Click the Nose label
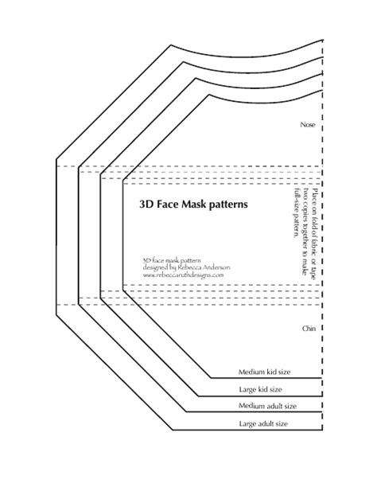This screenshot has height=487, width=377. click(308, 125)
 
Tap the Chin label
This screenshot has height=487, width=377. click(309, 329)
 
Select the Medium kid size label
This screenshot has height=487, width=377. click(264, 372)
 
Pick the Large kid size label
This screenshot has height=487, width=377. click(261, 389)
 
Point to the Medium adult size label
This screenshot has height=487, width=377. click(267, 406)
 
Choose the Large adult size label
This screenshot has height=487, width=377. click(263, 423)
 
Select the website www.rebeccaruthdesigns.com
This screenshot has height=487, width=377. click(183, 275)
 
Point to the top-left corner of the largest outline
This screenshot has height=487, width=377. click(171, 45)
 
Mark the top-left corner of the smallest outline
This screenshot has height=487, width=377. click(210, 94)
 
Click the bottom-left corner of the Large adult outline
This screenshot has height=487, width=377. click(173, 431)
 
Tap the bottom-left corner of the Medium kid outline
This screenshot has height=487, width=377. click(212, 378)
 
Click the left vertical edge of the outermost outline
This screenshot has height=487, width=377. click(56, 237)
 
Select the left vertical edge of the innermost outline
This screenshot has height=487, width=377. click(123, 235)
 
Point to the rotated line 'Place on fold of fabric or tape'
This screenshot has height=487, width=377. click(315, 234)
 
